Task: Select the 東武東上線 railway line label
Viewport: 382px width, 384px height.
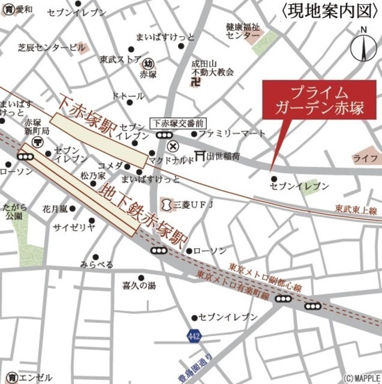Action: [x=356, y=209]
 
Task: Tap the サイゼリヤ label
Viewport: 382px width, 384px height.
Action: [x=74, y=227]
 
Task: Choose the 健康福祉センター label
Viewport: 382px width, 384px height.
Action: [x=242, y=31]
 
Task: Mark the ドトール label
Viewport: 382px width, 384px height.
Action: [x=128, y=96]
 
